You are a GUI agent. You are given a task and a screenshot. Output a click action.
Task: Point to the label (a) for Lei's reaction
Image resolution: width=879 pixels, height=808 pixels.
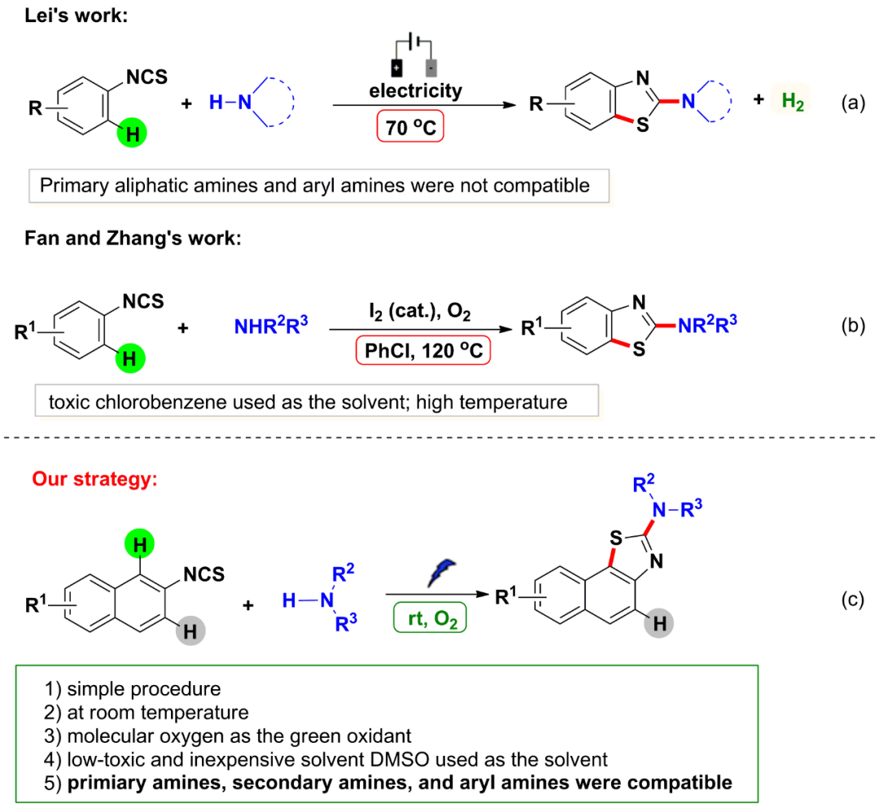coord(851,105)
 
